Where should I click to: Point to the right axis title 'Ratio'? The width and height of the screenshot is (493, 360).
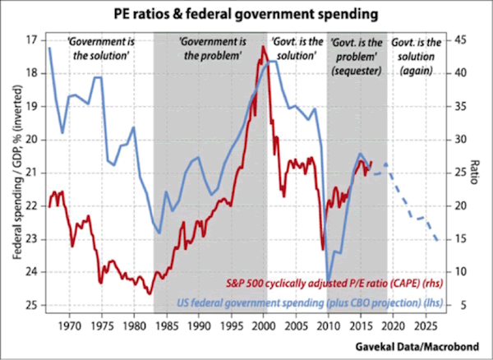click(479, 172)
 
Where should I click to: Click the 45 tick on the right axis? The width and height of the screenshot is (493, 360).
click(462, 39)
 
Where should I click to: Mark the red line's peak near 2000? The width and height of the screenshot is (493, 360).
click(263, 47)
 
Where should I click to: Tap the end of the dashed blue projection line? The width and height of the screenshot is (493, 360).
click(437, 240)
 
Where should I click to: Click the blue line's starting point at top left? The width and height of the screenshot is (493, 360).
click(49, 48)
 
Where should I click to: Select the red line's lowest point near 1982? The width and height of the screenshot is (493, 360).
click(149, 293)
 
